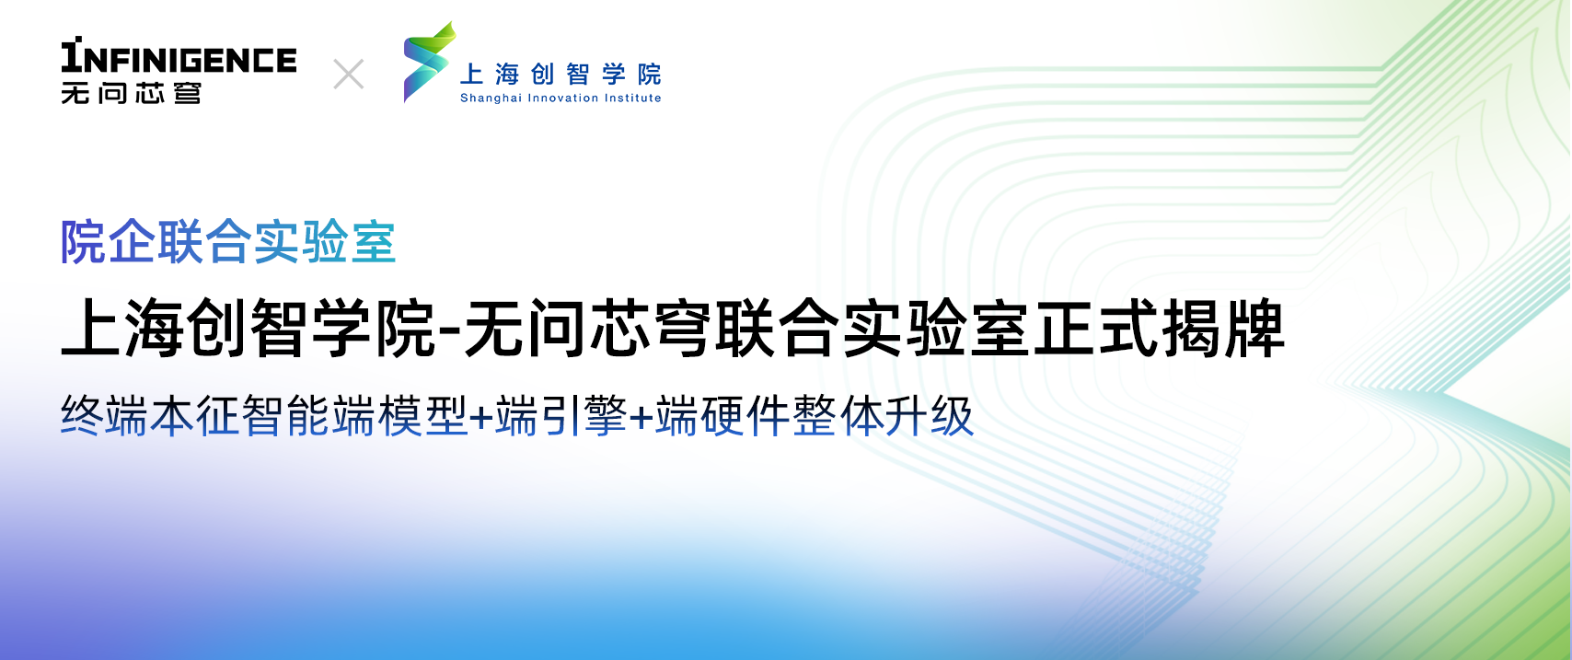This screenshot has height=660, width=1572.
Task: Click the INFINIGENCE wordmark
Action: [179, 58]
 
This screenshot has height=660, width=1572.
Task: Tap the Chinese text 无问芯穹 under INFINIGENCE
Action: [131, 93]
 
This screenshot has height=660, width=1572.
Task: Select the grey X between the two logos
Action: [349, 74]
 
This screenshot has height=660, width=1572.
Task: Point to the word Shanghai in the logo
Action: [491, 98]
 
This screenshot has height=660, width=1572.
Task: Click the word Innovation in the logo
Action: [562, 98]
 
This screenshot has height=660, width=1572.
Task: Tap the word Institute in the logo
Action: [632, 98]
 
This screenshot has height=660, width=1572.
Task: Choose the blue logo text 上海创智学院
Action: [561, 74]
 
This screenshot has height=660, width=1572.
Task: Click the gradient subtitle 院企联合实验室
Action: [228, 243]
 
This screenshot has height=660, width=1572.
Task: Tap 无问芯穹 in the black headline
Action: [589, 329]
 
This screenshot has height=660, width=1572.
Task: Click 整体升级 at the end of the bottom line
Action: [883, 416]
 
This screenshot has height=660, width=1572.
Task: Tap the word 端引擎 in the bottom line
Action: [561, 416]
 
